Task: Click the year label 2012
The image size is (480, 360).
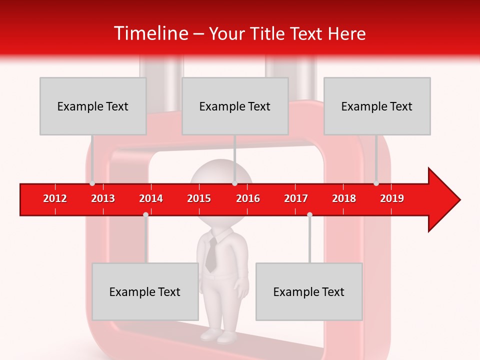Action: click(55, 198)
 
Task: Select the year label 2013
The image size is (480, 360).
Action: click(103, 198)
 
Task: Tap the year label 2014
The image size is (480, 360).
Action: click(151, 198)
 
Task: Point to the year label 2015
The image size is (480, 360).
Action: click(199, 198)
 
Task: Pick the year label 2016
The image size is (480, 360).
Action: click(248, 198)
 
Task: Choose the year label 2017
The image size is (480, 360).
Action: click(296, 198)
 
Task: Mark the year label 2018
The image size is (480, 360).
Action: click(344, 198)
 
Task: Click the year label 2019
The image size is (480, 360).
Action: click(392, 198)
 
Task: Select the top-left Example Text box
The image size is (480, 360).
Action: click(93, 106)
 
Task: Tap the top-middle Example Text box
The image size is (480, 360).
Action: click(235, 106)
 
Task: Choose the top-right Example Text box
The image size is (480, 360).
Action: click(377, 106)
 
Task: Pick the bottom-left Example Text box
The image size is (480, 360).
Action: click(145, 291)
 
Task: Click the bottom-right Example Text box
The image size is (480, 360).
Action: click(309, 291)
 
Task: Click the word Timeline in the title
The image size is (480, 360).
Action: click(150, 33)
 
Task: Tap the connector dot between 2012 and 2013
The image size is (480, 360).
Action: click(92, 183)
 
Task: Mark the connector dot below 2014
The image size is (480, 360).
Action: click(145, 214)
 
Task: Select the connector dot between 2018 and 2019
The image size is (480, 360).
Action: click(376, 183)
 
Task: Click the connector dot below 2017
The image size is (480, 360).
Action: click(309, 214)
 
